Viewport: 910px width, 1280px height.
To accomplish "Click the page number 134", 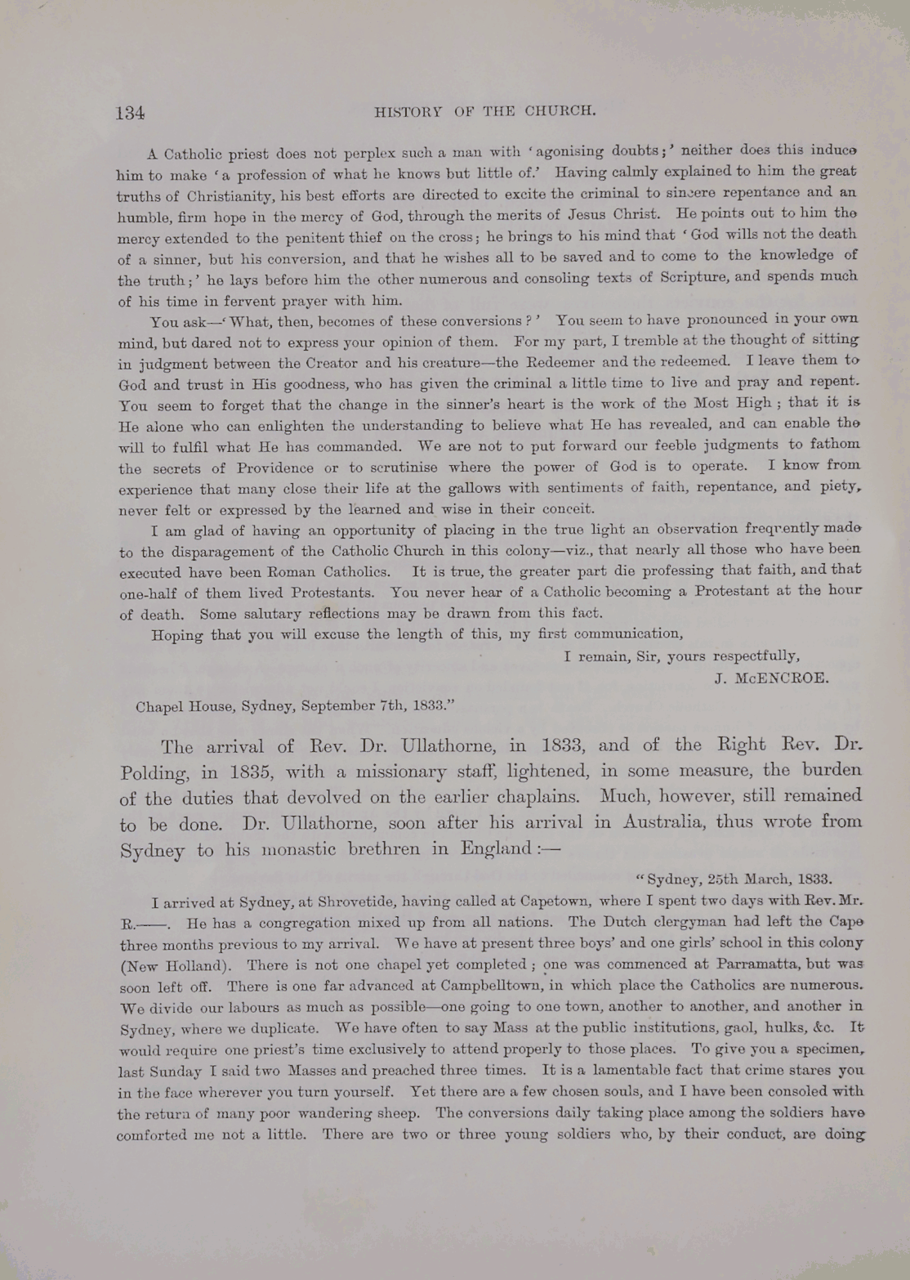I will (x=131, y=114).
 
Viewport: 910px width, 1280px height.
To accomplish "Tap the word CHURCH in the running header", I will (x=560, y=110).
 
